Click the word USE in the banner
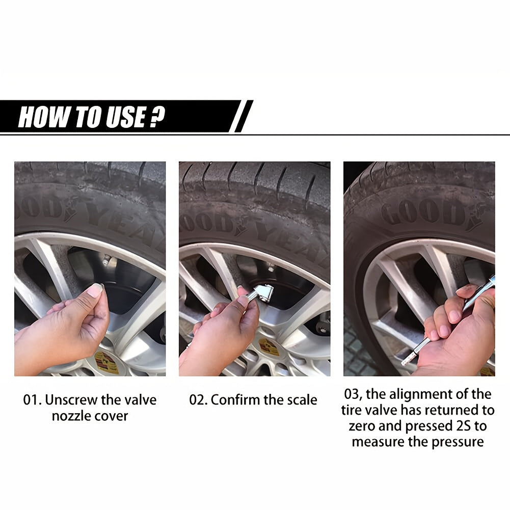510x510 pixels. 125,117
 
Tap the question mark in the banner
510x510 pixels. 158,117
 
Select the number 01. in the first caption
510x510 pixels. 32,400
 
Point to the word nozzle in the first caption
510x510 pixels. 69,416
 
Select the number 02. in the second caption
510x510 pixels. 198,400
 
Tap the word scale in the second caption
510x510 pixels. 302,400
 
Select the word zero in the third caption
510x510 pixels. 362,426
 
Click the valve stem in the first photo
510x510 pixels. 106,260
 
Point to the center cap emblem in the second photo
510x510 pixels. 269,347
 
